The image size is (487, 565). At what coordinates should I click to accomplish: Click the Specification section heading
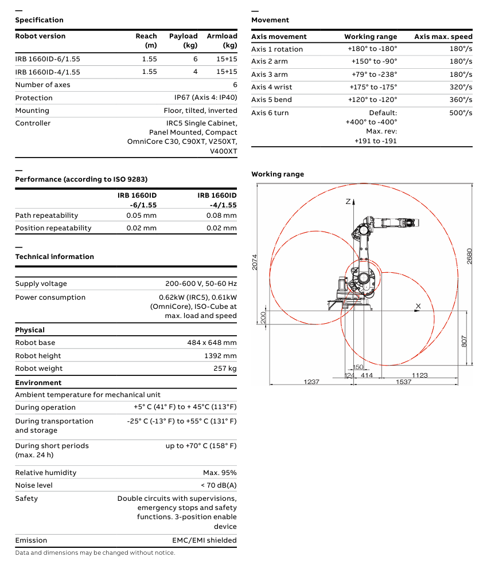tap(39, 20)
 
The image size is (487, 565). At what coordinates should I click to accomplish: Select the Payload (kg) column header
tap(183, 40)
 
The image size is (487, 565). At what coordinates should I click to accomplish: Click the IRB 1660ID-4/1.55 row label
tap(48, 72)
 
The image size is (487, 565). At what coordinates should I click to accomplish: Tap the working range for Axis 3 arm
tap(374, 74)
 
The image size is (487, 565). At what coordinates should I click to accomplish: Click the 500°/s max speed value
tap(461, 113)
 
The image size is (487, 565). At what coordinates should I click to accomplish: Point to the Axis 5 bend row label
tap(271, 100)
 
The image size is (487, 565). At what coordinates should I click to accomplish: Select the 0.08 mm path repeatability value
tap(221, 215)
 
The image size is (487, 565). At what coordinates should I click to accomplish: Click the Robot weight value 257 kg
tap(225, 368)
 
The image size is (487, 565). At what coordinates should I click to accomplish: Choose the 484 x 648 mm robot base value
tap(212, 343)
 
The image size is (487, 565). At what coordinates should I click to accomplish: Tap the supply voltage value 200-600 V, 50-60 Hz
tap(201, 284)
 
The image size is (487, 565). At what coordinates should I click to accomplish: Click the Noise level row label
tap(34, 485)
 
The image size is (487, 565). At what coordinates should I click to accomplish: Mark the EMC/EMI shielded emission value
tap(204, 540)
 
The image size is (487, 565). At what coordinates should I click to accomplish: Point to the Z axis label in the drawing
tap(348, 202)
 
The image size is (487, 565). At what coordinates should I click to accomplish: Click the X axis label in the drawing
tap(418, 306)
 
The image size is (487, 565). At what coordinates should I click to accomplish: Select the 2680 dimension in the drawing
tap(470, 255)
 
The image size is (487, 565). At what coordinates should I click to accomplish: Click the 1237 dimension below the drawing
tap(311, 382)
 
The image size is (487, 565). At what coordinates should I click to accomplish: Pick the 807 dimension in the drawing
tap(464, 341)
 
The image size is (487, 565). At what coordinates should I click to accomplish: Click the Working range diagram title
tap(278, 174)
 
